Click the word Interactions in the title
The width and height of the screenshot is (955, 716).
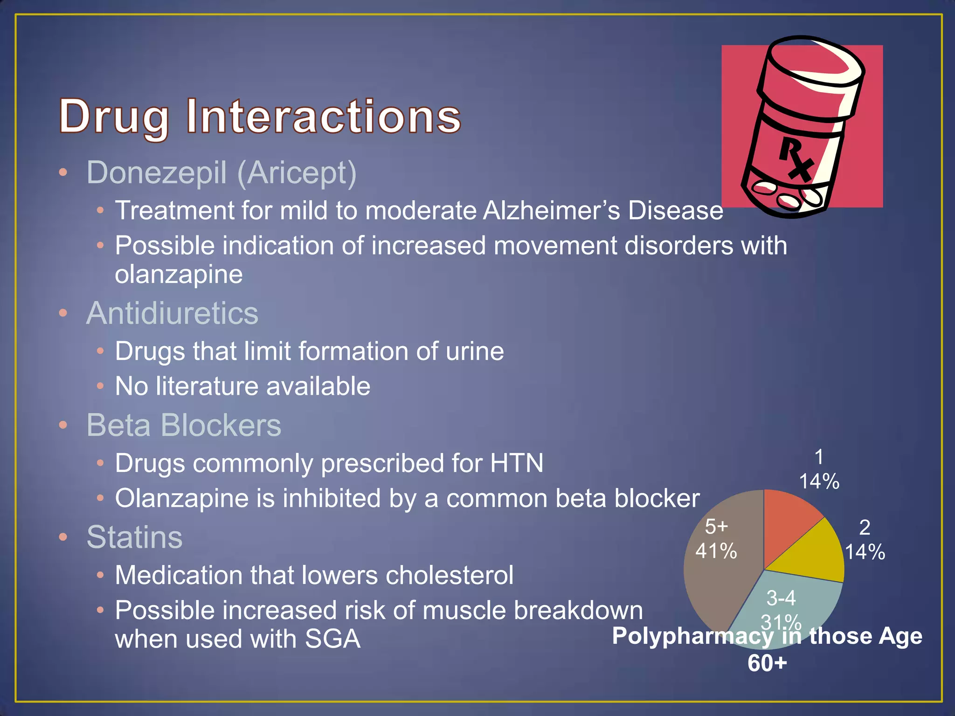point(324,117)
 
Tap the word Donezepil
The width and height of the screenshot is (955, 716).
point(157,173)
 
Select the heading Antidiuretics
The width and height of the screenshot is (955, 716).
point(172,313)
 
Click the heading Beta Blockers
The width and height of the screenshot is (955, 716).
point(184,425)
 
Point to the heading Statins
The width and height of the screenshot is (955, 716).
point(134,537)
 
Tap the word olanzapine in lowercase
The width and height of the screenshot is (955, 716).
point(179,274)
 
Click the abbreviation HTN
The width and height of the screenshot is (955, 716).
point(516,463)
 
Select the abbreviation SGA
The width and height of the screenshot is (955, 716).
point(332,639)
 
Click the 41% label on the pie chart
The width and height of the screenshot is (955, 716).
point(716,551)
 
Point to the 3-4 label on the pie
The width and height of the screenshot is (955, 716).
point(781,598)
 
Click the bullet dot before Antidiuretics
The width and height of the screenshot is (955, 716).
point(63,313)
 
